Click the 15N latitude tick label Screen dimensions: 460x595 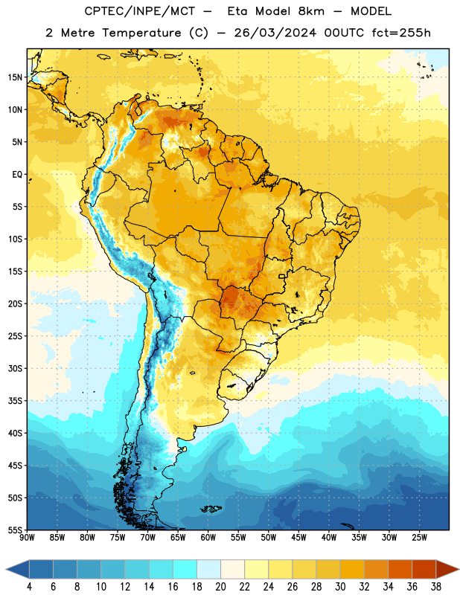coord(15,77)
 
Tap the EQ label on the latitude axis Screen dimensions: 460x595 coord(17,175)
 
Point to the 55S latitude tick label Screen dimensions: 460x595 coord(15,530)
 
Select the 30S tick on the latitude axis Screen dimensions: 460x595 coord(15,368)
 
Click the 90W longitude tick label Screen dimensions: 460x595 coord(27,538)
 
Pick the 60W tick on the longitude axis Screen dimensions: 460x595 coord(208,538)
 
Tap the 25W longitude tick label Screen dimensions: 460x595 coord(419,538)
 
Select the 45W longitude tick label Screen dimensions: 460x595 coord(299,538)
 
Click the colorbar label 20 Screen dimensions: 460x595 coord(220,587)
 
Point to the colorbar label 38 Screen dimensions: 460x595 coord(436,587)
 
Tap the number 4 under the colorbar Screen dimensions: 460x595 coord(29,587)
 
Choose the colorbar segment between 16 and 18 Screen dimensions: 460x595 coord(185,569)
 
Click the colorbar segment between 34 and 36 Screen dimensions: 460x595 coord(400,569)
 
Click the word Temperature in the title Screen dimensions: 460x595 coord(141,33)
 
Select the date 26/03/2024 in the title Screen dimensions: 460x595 coord(275,33)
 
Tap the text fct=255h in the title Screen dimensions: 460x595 coord(400,33)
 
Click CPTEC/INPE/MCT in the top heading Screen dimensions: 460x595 coord(139,11)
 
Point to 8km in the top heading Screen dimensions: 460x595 coord(311,11)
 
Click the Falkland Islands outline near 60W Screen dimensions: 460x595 coord(211,509)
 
